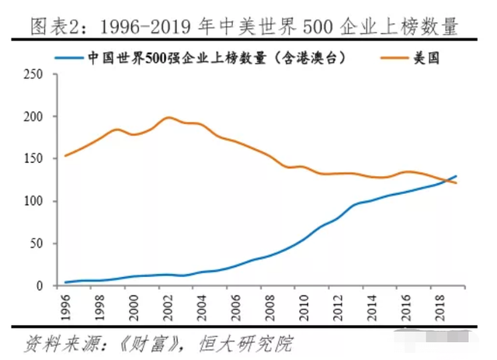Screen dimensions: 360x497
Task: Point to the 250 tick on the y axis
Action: point(35,74)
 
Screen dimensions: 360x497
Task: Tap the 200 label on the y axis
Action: point(35,117)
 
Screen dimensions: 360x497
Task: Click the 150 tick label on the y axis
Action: point(35,159)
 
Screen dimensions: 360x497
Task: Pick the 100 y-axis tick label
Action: point(35,202)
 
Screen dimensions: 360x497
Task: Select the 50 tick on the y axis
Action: point(38,244)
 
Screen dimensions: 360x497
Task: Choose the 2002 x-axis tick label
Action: point(169,305)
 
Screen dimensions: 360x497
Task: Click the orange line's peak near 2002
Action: point(169,118)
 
